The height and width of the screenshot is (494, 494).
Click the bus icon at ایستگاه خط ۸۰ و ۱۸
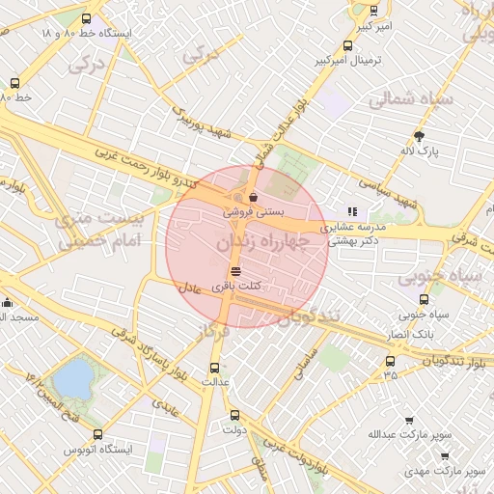point(87,18)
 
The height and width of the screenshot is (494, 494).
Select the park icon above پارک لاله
point(419,137)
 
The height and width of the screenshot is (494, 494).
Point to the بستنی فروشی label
point(248,209)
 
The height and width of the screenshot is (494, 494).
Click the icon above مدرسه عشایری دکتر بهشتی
point(352,211)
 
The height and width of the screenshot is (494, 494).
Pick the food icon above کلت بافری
point(236,272)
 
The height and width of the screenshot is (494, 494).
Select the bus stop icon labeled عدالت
point(214,368)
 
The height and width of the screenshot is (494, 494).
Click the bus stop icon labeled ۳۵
point(390,361)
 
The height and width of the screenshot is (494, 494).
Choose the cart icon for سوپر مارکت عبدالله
point(409,422)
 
